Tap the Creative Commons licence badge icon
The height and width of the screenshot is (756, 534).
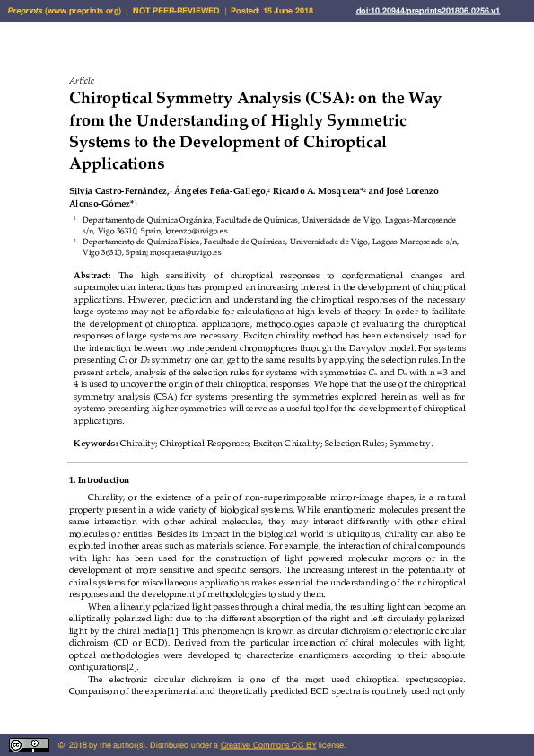[29, 745]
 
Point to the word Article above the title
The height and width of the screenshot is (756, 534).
[82, 81]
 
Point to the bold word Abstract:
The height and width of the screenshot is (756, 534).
[92, 275]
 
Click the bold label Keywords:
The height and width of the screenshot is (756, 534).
[95, 444]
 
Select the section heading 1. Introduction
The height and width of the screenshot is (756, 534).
[100, 480]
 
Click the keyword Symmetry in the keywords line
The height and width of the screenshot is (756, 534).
[410, 444]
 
